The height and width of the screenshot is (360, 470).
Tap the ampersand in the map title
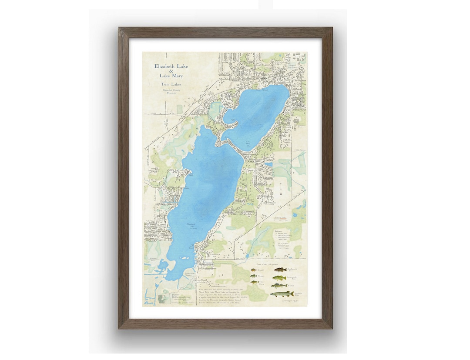pos(171,71)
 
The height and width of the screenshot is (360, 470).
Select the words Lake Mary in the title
pos(171,76)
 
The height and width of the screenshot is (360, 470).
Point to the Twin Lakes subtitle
pos(171,84)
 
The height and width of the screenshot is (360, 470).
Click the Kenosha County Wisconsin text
pos(171,91)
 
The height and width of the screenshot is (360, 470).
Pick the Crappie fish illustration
pos(253,276)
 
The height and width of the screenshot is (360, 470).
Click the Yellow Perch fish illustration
pos(254,282)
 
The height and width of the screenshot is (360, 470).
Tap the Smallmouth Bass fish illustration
pos(280,270)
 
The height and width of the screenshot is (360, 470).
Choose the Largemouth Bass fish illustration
pos(279,277)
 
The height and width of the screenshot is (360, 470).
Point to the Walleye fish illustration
pos(279,285)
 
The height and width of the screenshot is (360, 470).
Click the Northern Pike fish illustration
pos(281,294)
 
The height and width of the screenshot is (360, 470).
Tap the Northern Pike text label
pos(299,294)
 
